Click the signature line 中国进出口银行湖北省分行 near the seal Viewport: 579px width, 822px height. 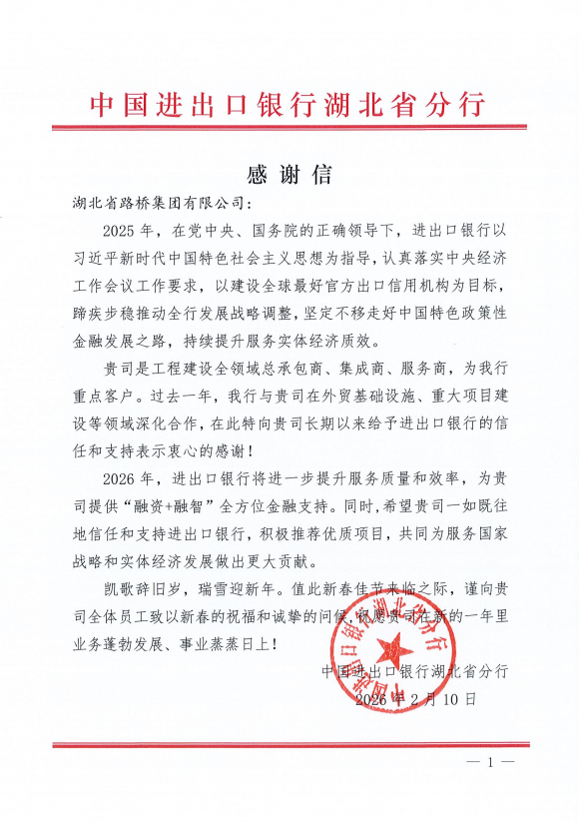point(415,671)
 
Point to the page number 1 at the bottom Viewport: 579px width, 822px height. point(490,762)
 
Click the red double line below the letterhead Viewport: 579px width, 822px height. point(289,127)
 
